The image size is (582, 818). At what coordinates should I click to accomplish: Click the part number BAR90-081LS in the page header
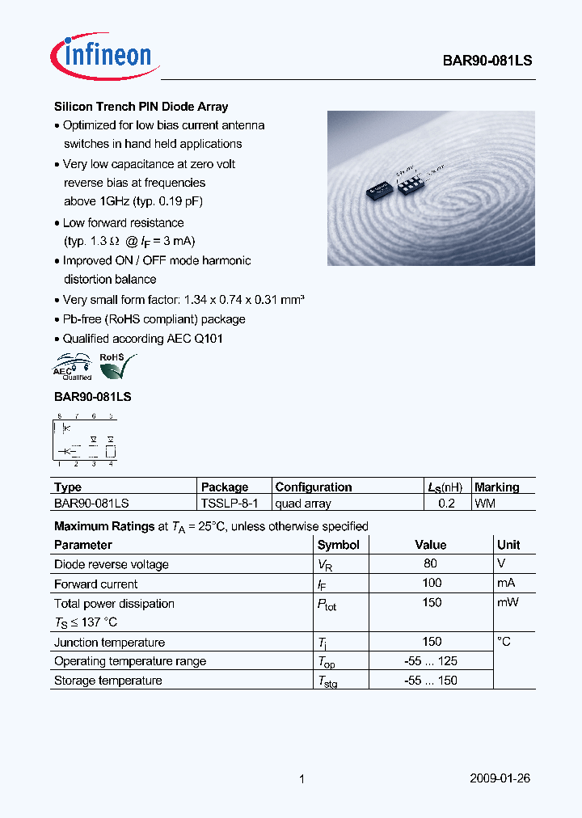coord(487,61)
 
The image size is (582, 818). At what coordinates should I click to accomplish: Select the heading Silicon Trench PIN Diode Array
coord(141,107)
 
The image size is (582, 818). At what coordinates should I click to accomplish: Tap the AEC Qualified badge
coord(73,366)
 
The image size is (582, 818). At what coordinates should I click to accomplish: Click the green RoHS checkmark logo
coord(117,365)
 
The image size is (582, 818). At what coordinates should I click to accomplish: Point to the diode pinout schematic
coord(84,441)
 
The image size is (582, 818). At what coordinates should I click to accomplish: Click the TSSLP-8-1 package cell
coord(230,503)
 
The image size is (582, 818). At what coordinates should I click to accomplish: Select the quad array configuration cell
coord(303,503)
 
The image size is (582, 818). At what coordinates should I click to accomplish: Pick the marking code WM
coord(485,503)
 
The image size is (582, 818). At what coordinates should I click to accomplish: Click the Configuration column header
coord(314,487)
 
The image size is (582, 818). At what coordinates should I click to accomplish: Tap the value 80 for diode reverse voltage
coord(430,564)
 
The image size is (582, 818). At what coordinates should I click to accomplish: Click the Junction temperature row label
coord(109,643)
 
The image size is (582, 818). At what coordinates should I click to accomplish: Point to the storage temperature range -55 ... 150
coord(431,681)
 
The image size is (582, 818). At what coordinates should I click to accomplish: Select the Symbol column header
coord(338,545)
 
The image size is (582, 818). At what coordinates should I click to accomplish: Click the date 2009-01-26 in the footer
coord(500,778)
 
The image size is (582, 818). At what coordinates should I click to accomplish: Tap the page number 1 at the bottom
coord(302,779)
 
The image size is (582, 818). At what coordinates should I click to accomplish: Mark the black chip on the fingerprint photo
coord(378,187)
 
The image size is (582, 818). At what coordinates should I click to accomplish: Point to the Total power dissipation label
coord(114,604)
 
